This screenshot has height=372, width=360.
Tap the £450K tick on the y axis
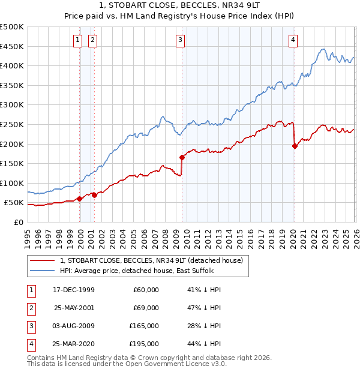[x=12, y=46]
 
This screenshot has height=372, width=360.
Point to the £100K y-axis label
[x=12, y=183]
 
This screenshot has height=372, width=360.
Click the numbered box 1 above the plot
[x=78, y=40]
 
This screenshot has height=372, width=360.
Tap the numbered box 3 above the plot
[x=180, y=40]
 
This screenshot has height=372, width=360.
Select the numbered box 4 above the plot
[x=293, y=40]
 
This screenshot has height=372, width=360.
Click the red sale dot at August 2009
[x=182, y=157]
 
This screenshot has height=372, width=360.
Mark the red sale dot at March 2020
[x=295, y=146]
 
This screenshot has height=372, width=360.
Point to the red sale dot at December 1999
[x=80, y=199]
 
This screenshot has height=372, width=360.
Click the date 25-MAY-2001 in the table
[x=74, y=308]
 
